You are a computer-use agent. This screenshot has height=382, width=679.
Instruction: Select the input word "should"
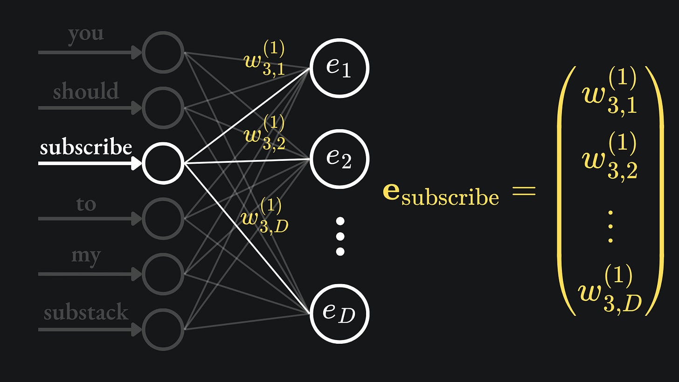[x=86, y=91]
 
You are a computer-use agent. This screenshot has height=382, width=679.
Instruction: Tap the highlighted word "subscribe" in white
[x=86, y=147]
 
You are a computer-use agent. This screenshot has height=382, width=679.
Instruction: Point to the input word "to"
[x=86, y=204]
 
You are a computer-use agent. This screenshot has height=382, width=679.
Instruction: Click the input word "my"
[x=86, y=256]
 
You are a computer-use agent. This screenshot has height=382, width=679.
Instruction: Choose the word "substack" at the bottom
[x=86, y=312]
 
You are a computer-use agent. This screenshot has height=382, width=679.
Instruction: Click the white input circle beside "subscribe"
[x=163, y=163]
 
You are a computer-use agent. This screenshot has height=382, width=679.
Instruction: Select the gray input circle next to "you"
[x=163, y=52]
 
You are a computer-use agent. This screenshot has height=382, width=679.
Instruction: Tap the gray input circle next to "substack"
[x=163, y=329]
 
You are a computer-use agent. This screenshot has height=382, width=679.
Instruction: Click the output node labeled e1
[x=339, y=68]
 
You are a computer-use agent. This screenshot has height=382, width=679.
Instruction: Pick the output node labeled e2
[x=339, y=159]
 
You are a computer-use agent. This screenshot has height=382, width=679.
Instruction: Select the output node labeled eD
[x=339, y=313]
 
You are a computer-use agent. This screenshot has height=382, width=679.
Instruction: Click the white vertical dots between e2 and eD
[x=340, y=236]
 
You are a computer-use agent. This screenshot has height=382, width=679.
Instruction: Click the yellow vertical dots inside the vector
[x=610, y=227]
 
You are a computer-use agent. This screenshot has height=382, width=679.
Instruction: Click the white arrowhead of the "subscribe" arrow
[x=137, y=163]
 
